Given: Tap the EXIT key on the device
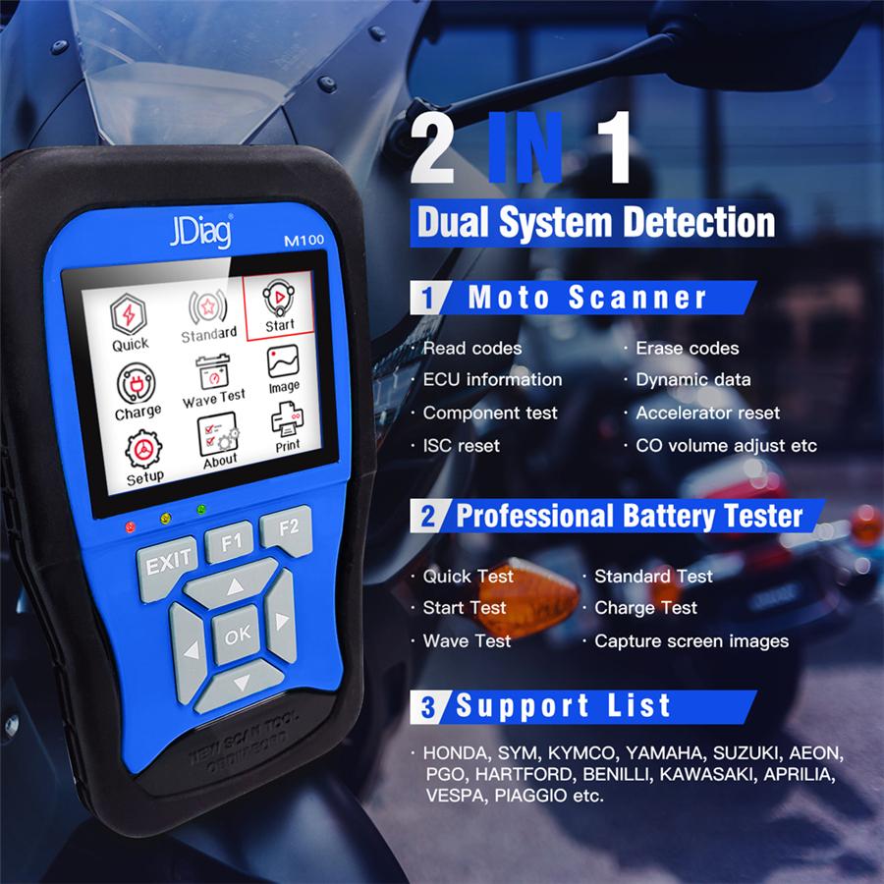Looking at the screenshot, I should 168,566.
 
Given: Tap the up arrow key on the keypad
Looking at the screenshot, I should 234,588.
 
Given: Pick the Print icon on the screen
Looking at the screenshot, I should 287,427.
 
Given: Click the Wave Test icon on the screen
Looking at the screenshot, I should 213,382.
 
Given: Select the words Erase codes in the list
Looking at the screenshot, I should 687,348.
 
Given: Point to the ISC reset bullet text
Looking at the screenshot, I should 461,445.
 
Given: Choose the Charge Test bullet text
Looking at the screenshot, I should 645,608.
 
